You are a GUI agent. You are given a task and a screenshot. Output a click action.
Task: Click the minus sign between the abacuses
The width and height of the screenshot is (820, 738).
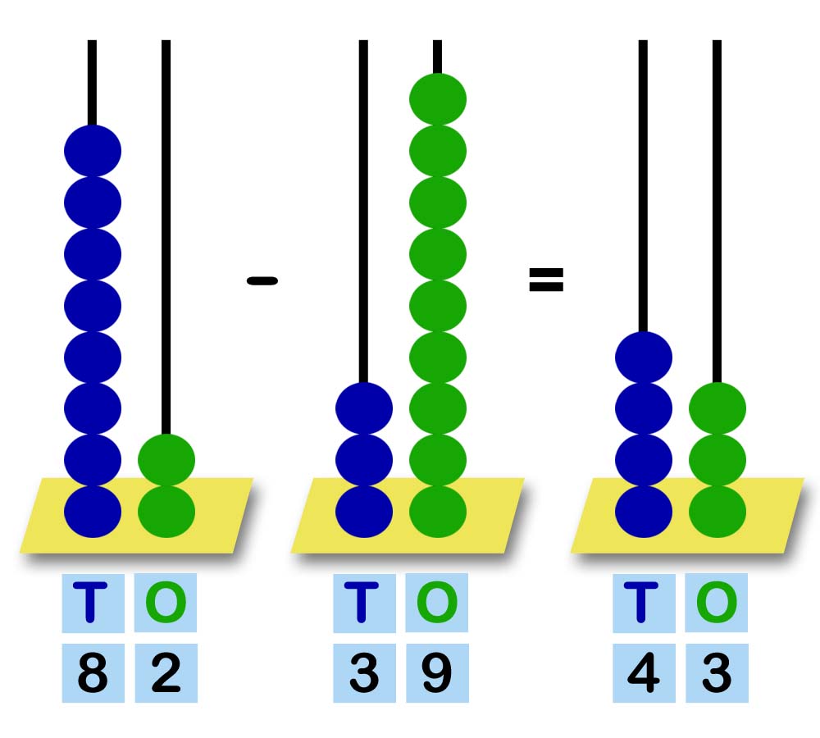[x=262, y=281]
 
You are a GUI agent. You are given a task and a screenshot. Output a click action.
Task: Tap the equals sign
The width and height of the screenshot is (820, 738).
[x=546, y=281]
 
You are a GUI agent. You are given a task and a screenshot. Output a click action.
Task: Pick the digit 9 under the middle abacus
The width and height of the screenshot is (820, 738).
[x=437, y=674]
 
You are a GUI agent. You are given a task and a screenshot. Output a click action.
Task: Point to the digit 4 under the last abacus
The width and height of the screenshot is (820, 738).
[x=643, y=674]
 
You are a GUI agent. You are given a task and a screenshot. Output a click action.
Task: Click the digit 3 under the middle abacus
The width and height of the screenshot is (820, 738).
[x=364, y=674]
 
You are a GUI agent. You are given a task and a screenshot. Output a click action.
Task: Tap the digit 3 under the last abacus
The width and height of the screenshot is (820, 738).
[x=717, y=674]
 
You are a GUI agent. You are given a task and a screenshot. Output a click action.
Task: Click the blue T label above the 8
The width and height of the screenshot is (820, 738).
[x=93, y=603]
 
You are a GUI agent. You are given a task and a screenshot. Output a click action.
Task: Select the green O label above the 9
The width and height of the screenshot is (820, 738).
[x=437, y=603]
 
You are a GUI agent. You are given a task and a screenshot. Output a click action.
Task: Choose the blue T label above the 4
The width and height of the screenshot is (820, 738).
[x=643, y=603]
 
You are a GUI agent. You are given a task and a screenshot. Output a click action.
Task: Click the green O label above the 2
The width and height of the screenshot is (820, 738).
[x=166, y=603]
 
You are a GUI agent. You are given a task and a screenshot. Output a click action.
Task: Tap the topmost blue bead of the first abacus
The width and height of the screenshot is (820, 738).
[x=93, y=151]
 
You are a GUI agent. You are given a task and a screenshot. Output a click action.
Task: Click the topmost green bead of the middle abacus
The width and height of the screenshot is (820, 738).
[x=438, y=99]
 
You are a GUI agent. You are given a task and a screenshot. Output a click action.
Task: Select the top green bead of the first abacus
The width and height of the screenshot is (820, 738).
[x=166, y=460]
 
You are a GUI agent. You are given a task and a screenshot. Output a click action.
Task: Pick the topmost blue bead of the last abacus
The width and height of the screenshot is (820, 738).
[x=644, y=358]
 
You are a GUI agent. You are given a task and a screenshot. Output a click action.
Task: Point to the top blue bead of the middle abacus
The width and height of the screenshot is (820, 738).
[x=364, y=408]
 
